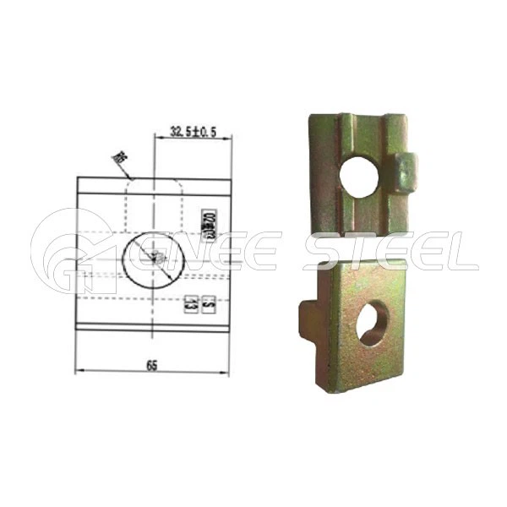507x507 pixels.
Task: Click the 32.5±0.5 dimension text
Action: click(x=194, y=132)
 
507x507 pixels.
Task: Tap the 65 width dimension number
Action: click(x=152, y=365)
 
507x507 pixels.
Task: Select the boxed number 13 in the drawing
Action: click(x=193, y=304)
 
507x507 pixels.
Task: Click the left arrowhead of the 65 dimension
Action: click(x=79, y=371)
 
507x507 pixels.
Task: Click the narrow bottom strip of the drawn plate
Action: click(x=152, y=324)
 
